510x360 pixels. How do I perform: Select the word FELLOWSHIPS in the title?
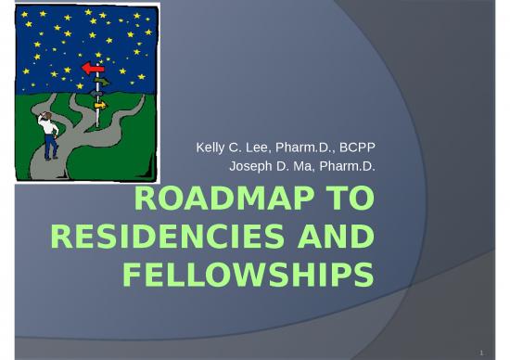pyautogui.click(x=249, y=275)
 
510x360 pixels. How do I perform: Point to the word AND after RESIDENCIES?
pyautogui.click(x=337, y=237)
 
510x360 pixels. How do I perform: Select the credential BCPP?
pyautogui.click(x=357, y=148)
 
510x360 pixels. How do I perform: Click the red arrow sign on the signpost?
pyautogui.click(x=93, y=69)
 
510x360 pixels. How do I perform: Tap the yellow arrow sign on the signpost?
pyautogui.click(x=100, y=105)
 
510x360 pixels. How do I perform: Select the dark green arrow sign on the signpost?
pyautogui.click(x=101, y=81)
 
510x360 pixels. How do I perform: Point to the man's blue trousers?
pyautogui.click(x=51, y=147)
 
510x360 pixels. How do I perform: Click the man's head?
pyautogui.click(x=48, y=116)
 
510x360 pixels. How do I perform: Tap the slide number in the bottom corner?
pyautogui.click(x=481, y=353)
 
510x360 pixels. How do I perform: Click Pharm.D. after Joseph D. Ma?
pyautogui.click(x=348, y=166)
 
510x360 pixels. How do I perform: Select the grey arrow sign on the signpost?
pyautogui.click(x=96, y=94)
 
